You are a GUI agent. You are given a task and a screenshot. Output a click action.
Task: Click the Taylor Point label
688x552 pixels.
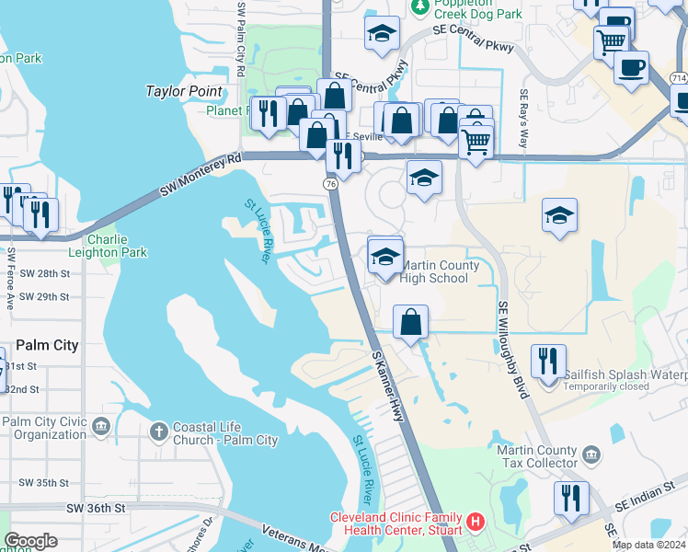tap(184, 91)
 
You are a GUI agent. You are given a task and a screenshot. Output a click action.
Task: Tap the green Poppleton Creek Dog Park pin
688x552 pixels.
tap(419, 7)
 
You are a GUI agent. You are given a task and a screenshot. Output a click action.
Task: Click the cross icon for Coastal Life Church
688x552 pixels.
tap(158, 431)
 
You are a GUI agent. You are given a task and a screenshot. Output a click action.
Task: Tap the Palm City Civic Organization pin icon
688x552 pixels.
tap(101, 426)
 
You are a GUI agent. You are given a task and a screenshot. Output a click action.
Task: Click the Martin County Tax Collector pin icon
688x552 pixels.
tap(591, 454)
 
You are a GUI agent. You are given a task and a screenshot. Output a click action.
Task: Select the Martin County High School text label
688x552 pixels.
tap(435, 272)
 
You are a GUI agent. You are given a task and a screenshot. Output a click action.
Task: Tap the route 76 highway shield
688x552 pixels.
tap(330, 184)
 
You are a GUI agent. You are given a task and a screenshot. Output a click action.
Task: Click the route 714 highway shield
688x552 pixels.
tap(678, 80)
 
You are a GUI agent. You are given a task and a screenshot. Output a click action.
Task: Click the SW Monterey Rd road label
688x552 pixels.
tap(200, 175)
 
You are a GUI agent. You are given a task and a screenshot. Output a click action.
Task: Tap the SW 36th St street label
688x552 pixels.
tap(95, 508)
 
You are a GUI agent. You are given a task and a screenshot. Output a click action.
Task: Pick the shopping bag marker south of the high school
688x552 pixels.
tap(410, 322)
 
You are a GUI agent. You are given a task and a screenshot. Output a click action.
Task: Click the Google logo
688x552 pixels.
tap(30, 541)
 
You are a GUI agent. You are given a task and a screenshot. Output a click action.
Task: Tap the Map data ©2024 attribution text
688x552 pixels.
tap(649, 545)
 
